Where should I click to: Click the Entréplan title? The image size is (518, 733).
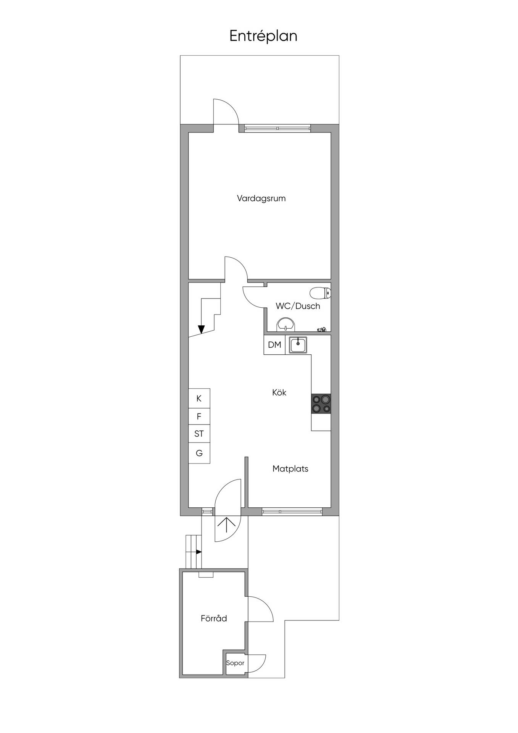(x=263, y=36)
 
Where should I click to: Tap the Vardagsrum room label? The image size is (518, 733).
(x=261, y=199)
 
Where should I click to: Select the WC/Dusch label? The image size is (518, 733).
(x=298, y=306)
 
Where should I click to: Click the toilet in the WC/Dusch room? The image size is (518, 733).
(x=320, y=293)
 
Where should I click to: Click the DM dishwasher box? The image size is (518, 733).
(x=274, y=345)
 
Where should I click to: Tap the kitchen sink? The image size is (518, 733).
(x=298, y=345)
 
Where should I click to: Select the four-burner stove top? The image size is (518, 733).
(x=321, y=404)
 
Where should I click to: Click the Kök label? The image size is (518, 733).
(x=279, y=392)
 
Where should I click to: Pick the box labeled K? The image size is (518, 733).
(x=199, y=399)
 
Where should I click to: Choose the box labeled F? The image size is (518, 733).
(x=199, y=417)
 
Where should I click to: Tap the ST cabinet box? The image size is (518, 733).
(x=199, y=434)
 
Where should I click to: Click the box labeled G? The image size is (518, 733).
(x=199, y=453)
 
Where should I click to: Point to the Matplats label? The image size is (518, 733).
(x=290, y=469)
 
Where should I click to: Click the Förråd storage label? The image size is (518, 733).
(x=214, y=618)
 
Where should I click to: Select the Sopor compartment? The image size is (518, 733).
(x=235, y=663)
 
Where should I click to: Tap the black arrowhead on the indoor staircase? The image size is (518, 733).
(x=201, y=329)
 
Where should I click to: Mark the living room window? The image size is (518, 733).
(x=278, y=128)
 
